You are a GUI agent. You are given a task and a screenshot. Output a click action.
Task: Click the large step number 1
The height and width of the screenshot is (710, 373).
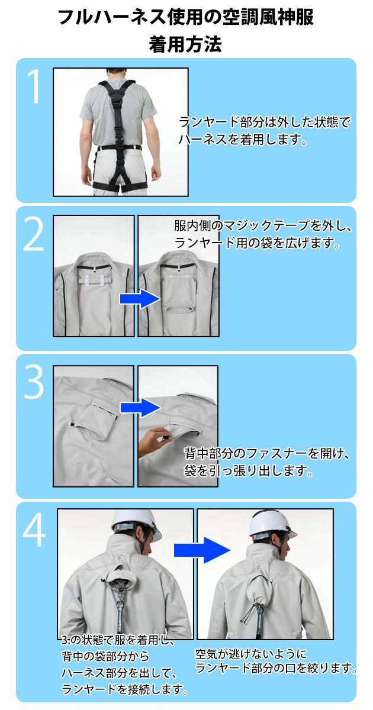coord(35,88)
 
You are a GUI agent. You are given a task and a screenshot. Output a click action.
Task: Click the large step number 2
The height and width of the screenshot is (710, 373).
coord(34,236)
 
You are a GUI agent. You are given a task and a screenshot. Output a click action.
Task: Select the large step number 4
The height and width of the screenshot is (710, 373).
coord(34,531)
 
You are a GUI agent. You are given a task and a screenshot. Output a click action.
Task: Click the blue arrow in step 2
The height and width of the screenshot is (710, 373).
coord(140,299)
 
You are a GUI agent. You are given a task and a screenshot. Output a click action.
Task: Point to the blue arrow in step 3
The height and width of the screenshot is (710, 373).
coord(140,407)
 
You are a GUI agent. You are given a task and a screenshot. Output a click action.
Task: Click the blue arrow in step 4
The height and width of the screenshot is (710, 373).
coord(201,550)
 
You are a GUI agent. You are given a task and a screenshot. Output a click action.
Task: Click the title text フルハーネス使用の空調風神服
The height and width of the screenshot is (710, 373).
coord(186,18)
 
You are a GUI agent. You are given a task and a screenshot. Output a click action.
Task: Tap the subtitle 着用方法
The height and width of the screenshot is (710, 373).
coord(186,45)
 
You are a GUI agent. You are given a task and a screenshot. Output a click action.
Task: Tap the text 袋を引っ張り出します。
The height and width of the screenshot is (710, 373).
coord(248,472)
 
